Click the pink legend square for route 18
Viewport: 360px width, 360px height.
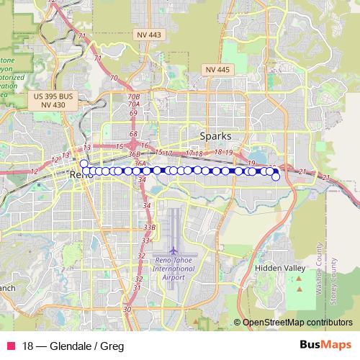(x=9, y=345)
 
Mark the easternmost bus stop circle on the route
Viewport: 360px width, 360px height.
(x=276, y=176)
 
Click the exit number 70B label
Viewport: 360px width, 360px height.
(x=133, y=96)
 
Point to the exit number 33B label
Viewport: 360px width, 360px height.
(x=149, y=228)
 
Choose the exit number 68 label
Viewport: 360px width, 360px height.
(x=133, y=134)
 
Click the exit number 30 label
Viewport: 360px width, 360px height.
(x=127, y=309)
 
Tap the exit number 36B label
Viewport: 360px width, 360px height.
(x=134, y=154)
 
